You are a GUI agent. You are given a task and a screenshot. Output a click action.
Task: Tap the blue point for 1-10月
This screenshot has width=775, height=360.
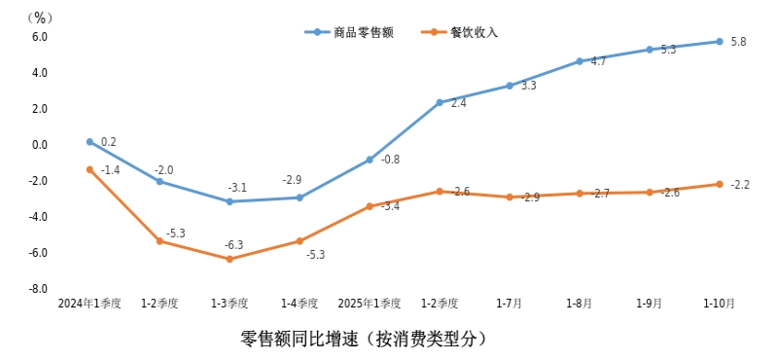[720, 41]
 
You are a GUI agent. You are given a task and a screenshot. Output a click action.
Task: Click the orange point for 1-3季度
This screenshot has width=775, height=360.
[229, 259]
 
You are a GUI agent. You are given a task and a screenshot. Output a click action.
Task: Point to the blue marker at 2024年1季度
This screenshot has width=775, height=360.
[89, 142]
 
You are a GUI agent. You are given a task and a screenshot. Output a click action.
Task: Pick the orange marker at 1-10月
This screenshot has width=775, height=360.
[720, 184]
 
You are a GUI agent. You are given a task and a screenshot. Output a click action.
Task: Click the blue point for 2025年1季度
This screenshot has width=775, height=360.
[370, 160]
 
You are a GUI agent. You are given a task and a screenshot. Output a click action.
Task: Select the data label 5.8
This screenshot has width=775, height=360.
[738, 42]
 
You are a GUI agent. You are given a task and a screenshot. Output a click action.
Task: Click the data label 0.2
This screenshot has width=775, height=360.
[108, 142]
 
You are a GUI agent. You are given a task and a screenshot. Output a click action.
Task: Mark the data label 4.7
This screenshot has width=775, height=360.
[598, 61]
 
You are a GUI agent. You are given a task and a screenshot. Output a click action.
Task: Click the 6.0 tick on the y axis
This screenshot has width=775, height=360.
[40, 37]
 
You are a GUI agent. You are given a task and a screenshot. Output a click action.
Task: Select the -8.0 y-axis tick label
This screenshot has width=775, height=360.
[38, 289]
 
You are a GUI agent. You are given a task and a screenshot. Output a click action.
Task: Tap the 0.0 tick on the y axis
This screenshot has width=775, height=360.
[40, 145]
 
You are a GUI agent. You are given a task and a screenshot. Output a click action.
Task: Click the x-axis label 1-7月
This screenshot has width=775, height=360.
[510, 304]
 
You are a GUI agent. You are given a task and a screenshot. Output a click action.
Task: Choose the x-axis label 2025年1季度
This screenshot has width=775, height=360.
[370, 304]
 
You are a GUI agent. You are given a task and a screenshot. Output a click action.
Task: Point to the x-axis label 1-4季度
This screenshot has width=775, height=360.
[299, 304]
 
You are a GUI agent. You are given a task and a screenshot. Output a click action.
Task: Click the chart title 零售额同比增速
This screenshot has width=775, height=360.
[362, 340]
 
